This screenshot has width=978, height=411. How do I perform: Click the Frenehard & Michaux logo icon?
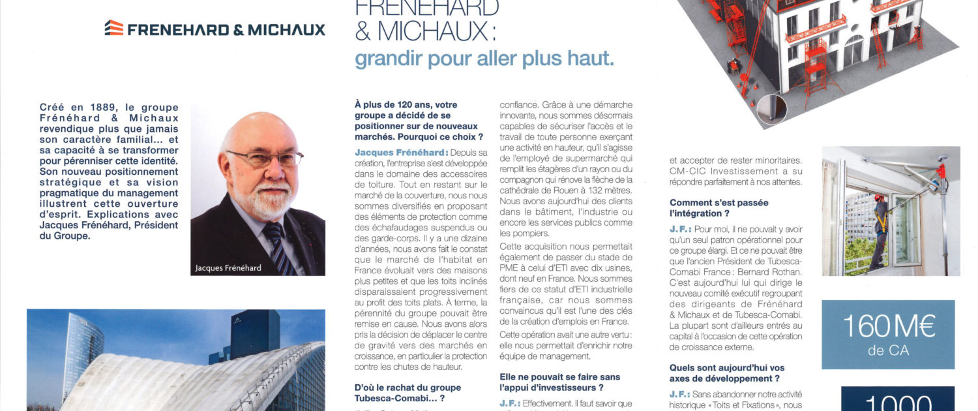tap(114, 28)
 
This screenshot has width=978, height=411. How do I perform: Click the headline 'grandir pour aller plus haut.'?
tap(484, 59)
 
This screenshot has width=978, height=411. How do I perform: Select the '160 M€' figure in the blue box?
tap(888, 327)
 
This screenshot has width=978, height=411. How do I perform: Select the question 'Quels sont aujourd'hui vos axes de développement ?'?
tap(727, 373)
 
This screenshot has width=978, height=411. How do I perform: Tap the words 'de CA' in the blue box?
tap(888, 351)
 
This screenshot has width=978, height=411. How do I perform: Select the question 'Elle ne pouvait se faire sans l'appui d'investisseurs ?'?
tap(560, 382)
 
